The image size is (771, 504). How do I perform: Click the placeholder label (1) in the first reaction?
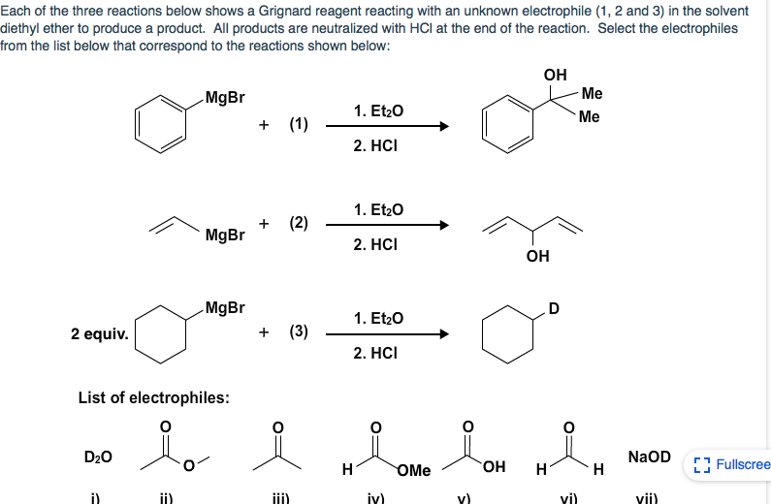pos(299,124)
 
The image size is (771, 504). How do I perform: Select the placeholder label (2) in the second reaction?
pos(299,223)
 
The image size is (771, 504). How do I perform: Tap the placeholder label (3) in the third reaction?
pos(299,331)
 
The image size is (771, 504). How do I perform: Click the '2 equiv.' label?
pos(99,333)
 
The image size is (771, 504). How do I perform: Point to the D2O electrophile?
pos(98,457)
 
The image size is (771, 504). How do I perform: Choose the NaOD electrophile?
pos(649,457)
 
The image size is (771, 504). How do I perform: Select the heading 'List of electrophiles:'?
pos(153,398)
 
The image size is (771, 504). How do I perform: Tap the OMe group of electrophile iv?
pos(414,471)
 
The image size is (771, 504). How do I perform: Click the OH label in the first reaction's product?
pos(555,75)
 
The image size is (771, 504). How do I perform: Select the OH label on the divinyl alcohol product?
pos(537,256)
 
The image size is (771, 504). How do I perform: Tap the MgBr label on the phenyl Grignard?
pos(225,97)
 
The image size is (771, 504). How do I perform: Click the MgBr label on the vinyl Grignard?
pos(225,235)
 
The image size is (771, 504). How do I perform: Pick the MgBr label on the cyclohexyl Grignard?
pos(225,307)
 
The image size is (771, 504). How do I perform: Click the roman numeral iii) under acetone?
pos(278,499)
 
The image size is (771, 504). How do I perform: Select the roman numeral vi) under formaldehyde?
pos(570,499)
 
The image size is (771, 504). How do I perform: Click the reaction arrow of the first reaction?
pos(388,126)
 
